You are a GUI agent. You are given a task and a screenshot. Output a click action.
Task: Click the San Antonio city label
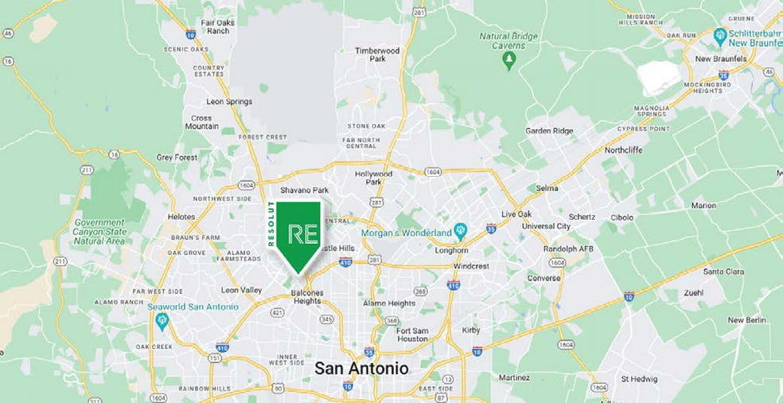[x=361, y=369]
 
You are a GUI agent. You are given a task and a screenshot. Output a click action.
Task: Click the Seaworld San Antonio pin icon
[x=162, y=321]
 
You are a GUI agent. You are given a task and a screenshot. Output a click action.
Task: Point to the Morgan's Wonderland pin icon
[x=460, y=233]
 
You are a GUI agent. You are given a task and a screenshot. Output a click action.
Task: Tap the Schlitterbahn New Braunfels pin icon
[x=720, y=35]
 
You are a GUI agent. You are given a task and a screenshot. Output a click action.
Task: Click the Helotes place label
[x=181, y=217]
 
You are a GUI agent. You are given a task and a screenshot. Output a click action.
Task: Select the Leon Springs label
[x=229, y=102]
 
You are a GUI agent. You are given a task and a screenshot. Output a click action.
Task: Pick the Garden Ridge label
[x=550, y=131]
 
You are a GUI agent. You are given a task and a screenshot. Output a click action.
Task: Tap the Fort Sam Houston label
[x=412, y=335]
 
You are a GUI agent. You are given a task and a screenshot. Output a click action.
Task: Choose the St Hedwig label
[x=637, y=378]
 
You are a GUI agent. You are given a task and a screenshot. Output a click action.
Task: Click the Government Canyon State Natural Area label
[x=99, y=232]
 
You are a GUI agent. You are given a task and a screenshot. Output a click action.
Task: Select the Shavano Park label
[x=304, y=190]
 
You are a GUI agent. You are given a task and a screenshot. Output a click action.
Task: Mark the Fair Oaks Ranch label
[x=216, y=27]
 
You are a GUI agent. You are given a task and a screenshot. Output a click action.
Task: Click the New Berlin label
[x=746, y=320]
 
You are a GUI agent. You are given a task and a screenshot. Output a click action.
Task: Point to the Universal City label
[x=546, y=226]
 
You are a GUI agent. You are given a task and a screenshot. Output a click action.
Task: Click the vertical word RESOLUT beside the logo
[x=271, y=225]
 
